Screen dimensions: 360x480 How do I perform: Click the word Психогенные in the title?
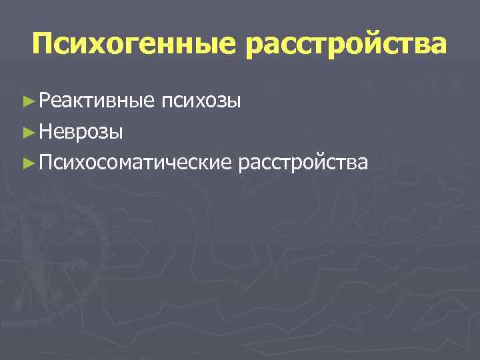(x=133, y=44)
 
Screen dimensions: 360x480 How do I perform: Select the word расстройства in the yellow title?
(x=346, y=44)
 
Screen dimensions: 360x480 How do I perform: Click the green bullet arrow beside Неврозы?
(x=27, y=132)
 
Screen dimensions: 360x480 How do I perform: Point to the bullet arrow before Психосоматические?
(x=27, y=162)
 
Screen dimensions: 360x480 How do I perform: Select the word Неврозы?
(x=81, y=132)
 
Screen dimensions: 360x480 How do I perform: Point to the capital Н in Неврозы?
(x=45, y=132)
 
